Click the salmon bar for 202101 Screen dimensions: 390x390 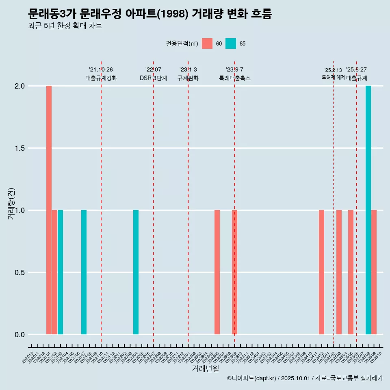[x=49, y=210]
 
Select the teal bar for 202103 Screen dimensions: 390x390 [x=61, y=272]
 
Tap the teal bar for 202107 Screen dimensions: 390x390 [x=84, y=272]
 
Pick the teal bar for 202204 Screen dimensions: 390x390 [x=136, y=272]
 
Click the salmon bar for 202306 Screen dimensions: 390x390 [x=217, y=272]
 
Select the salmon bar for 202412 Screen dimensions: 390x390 [x=321, y=272]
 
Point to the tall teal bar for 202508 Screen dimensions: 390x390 [x=368, y=210]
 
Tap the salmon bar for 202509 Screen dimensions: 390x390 [x=374, y=272]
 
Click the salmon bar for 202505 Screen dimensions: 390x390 [x=351, y=272]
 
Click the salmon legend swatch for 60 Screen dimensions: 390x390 [x=207, y=43]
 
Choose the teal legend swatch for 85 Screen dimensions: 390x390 [x=231, y=43]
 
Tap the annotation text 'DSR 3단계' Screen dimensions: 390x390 [x=153, y=78]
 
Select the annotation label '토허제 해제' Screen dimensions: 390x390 [x=333, y=77]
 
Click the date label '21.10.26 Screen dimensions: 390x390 [x=101, y=69]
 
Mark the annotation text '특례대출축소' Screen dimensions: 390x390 [x=235, y=78]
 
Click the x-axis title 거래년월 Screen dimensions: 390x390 [x=205, y=368]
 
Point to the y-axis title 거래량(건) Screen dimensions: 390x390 [x=11, y=204]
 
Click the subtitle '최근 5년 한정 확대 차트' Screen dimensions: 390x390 [x=65, y=26]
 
